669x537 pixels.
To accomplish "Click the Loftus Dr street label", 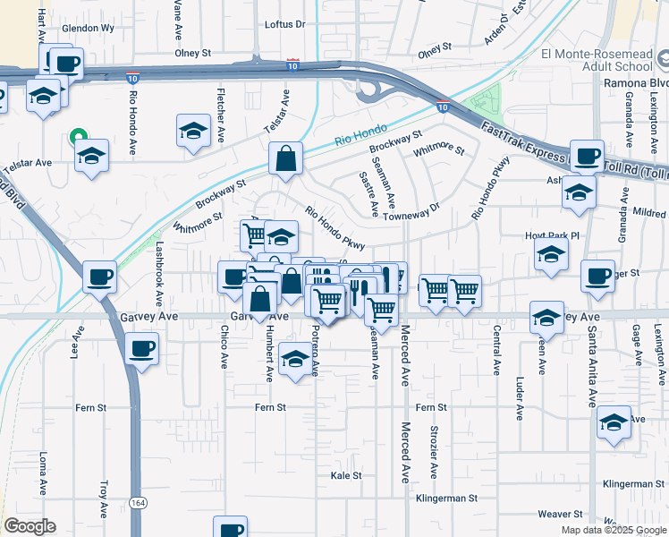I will coord(285,25).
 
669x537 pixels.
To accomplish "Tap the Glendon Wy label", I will coord(88,29).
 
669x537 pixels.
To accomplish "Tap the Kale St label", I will coord(346,475).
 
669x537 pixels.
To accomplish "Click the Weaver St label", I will coord(561,514).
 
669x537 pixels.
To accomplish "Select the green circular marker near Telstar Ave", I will coord(78,137).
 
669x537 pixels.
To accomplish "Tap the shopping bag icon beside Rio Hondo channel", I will coord(285,159).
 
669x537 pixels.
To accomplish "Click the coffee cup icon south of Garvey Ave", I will coord(142,347).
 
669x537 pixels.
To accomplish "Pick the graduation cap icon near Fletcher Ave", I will coord(193,131).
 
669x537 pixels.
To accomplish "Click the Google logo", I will coord(29,526).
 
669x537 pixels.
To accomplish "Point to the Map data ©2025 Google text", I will coord(613,530).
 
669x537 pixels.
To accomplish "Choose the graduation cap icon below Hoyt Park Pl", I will coord(552,255).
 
